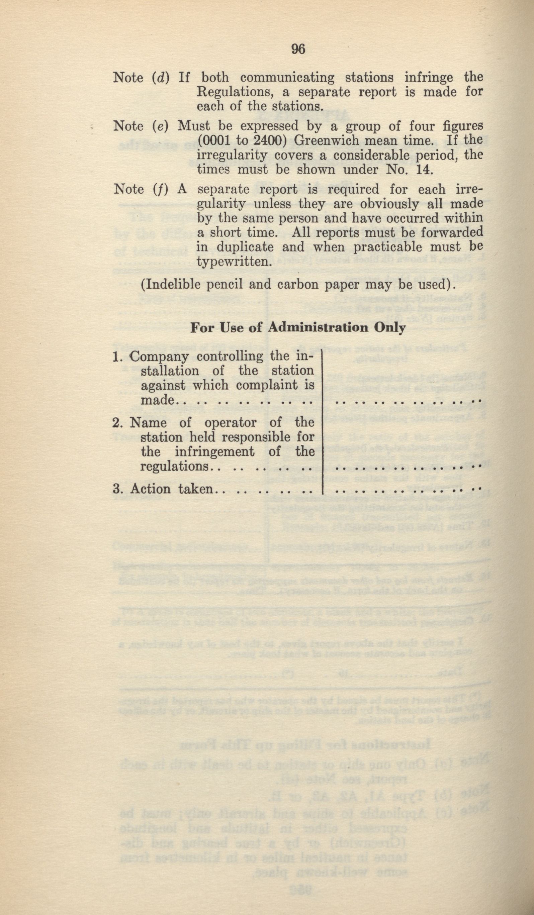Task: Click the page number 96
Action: click(298, 49)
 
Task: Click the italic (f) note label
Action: click(160, 190)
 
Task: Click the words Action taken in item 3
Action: click(171, 489)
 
